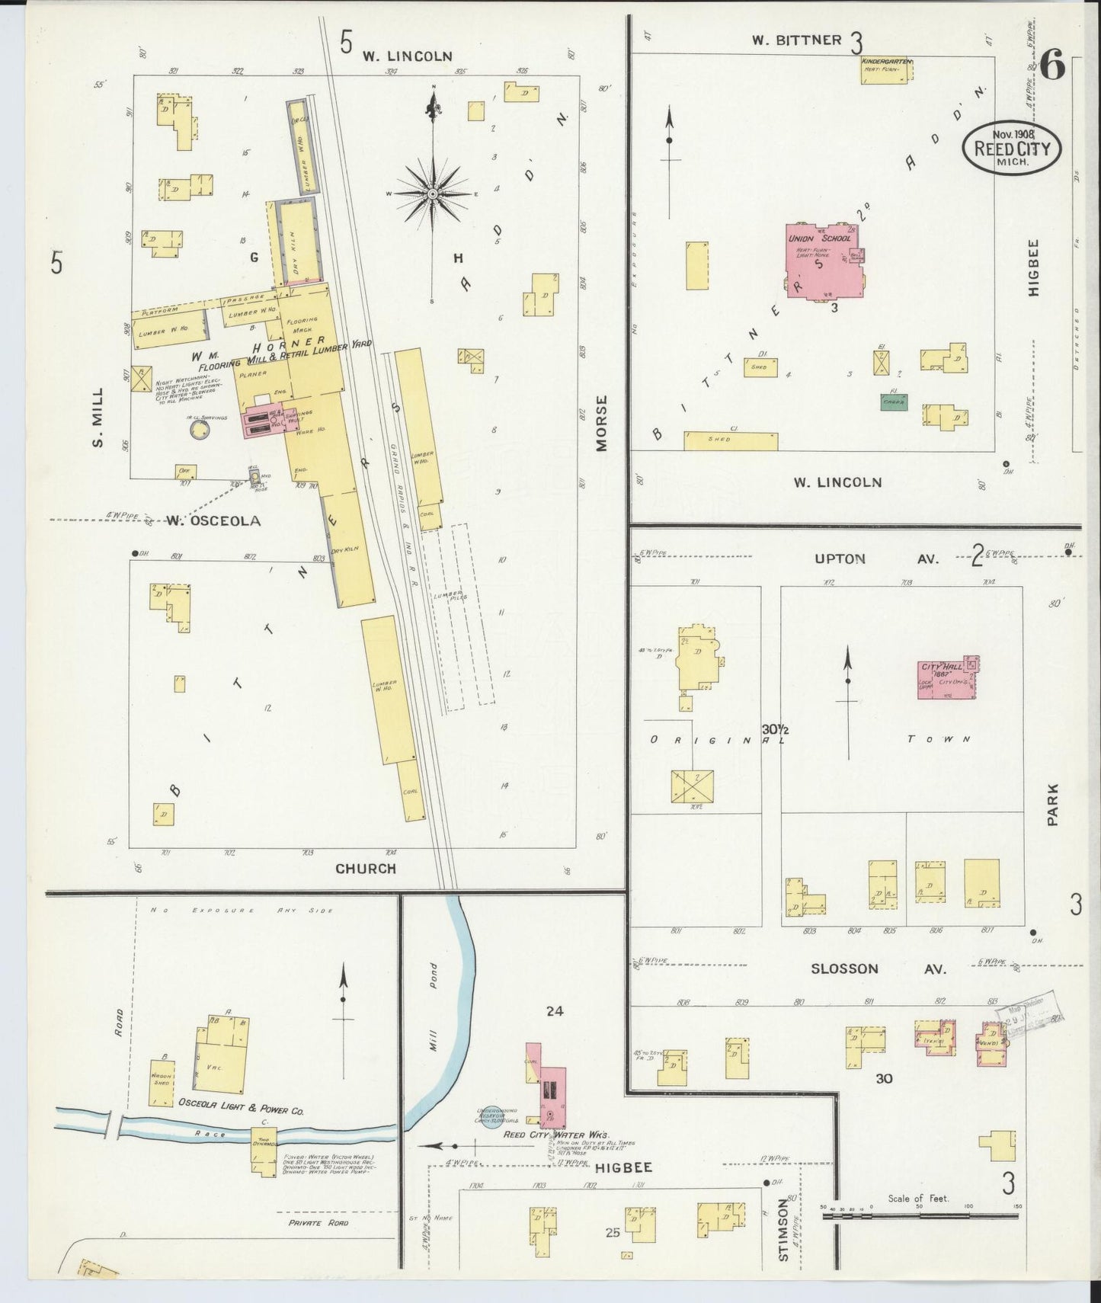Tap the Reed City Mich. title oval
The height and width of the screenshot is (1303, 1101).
click(1011, 148)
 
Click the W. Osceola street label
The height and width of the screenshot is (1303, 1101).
click(213, 521)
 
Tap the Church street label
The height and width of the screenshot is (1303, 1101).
click(366, 868)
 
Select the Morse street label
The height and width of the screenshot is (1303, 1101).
click(603, 423)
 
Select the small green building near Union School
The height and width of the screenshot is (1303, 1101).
click(893, 402)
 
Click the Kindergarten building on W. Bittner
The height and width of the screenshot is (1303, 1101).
click(887, 70)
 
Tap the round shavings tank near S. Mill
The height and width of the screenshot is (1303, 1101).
click(200, 430)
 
